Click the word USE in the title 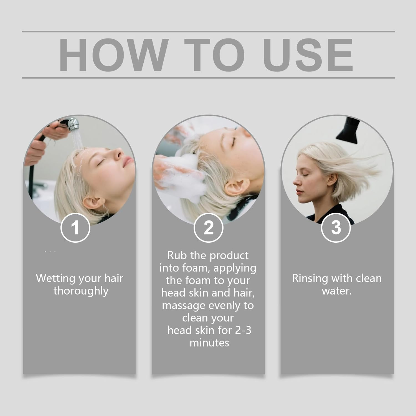(x=308, y=55)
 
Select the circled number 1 (x=75, y=228)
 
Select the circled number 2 (x=209, y=228)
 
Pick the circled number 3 (x=336, y=227)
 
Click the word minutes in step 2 (x=209, y=343)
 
